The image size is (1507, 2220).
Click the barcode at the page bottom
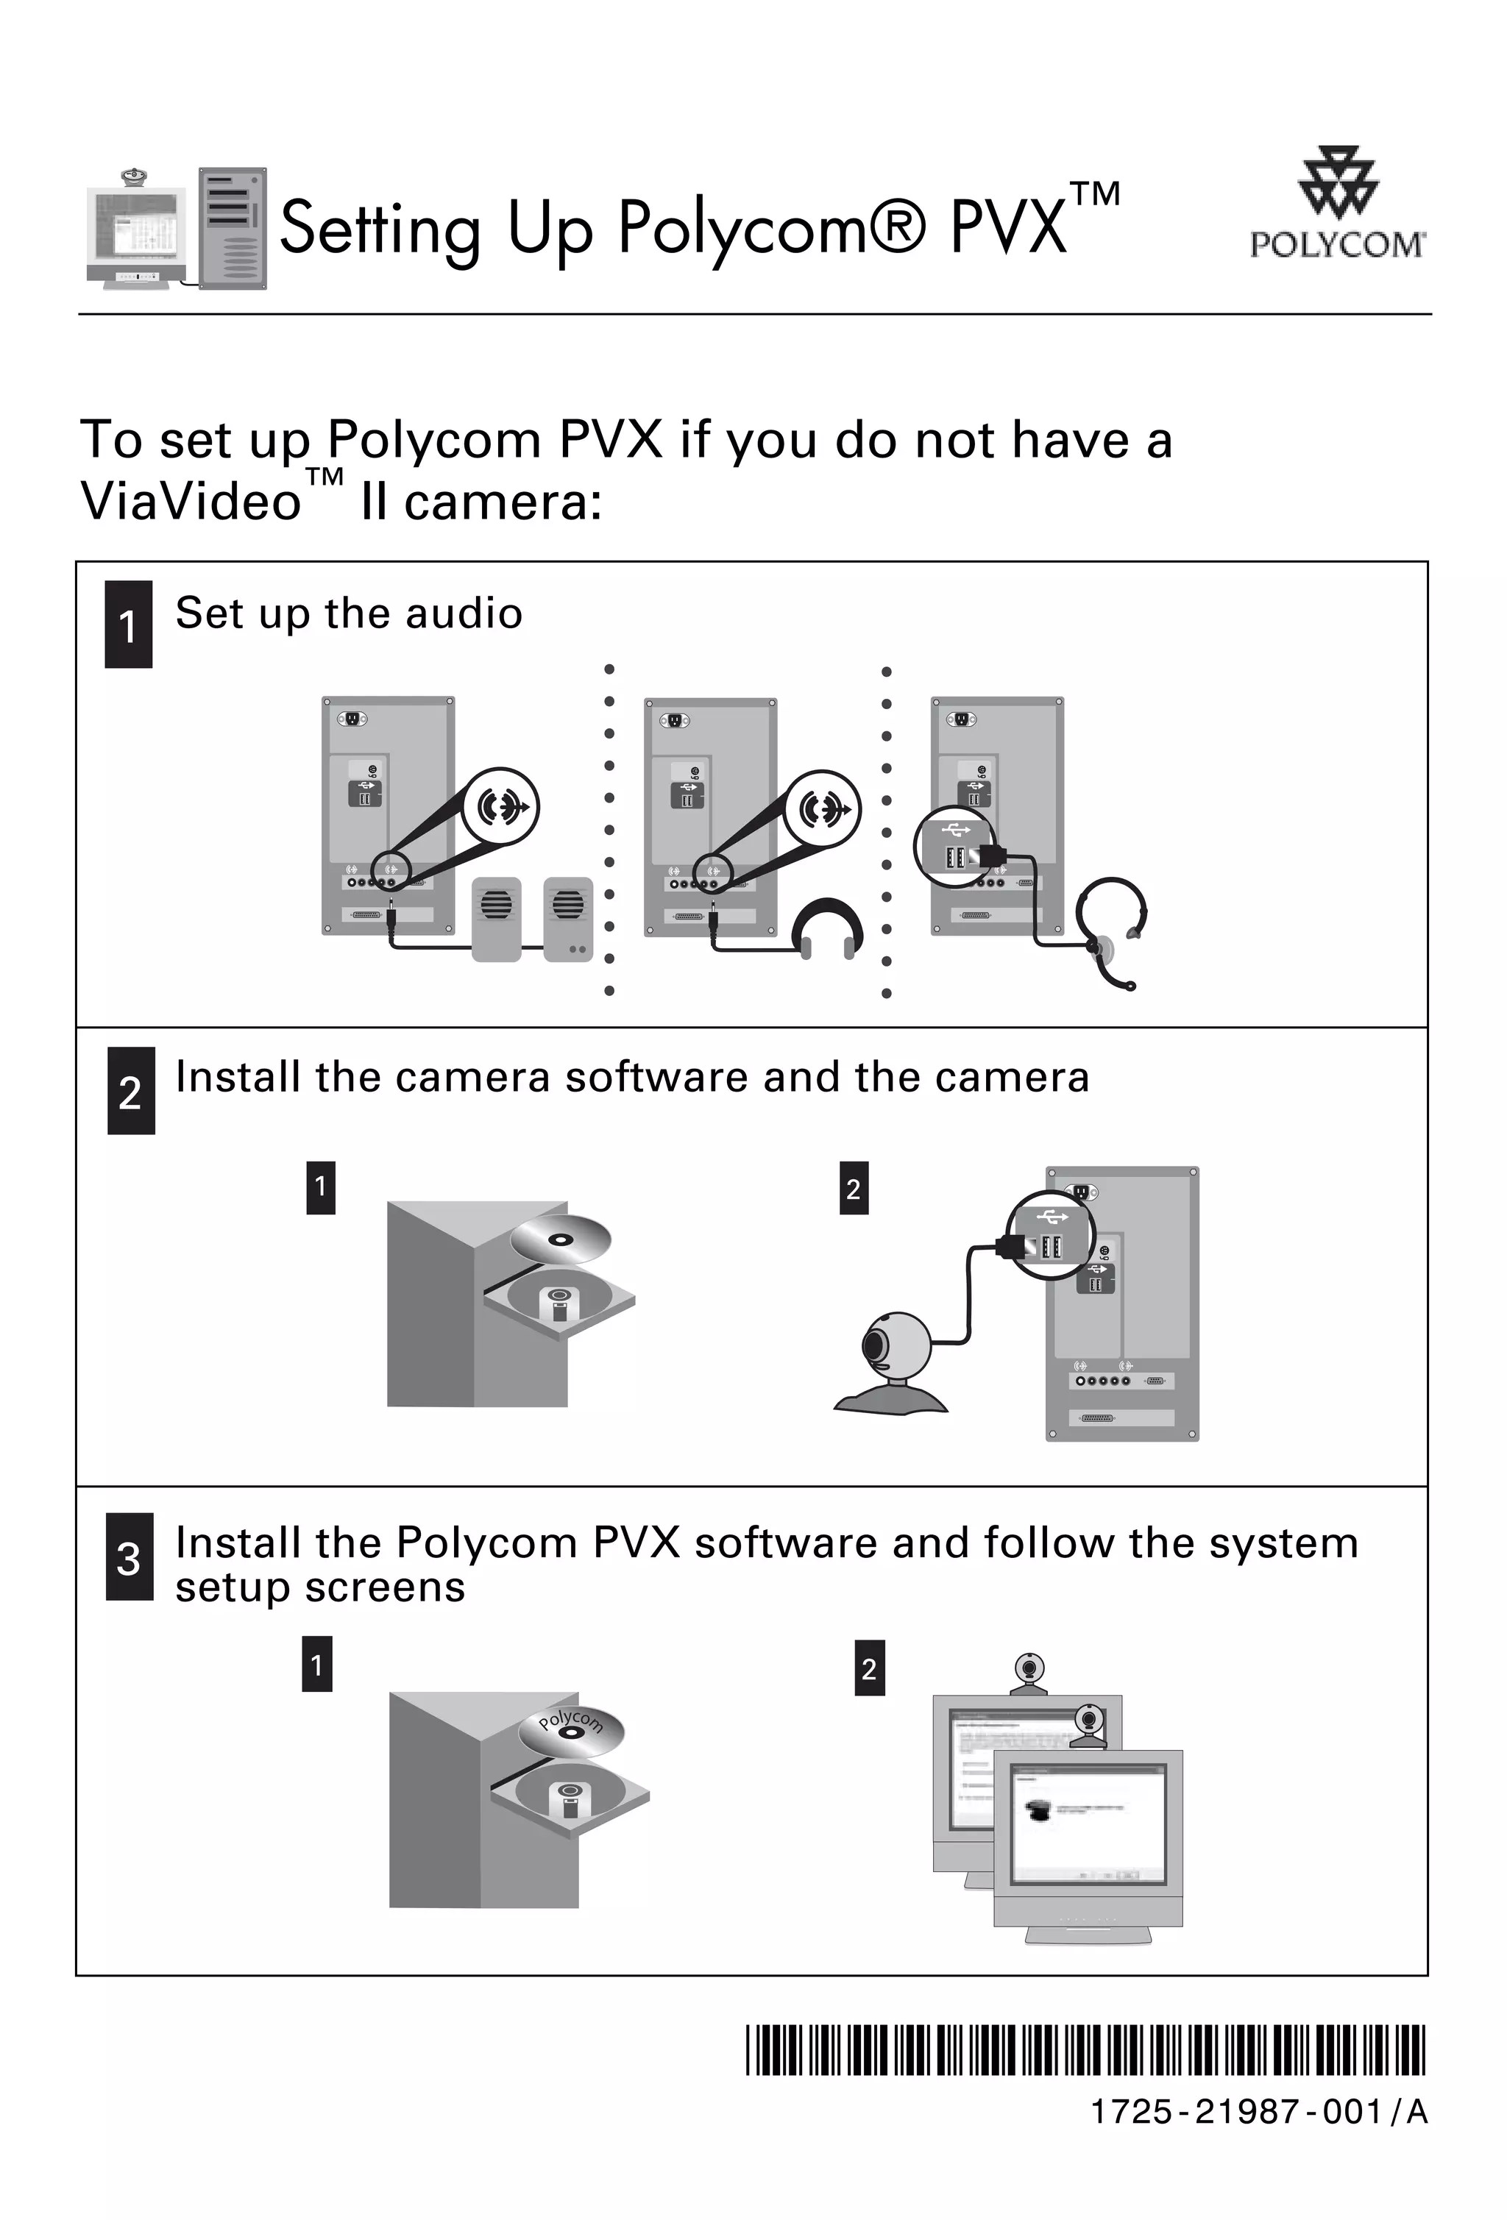(x=1085, y=2051)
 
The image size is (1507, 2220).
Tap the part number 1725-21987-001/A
(x=1258, y=2112)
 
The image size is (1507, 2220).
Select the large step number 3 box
(x=129, y=1558)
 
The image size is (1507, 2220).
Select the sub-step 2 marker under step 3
(x=868, y=1668)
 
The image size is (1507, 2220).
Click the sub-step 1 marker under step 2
(x=320, y=1187)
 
